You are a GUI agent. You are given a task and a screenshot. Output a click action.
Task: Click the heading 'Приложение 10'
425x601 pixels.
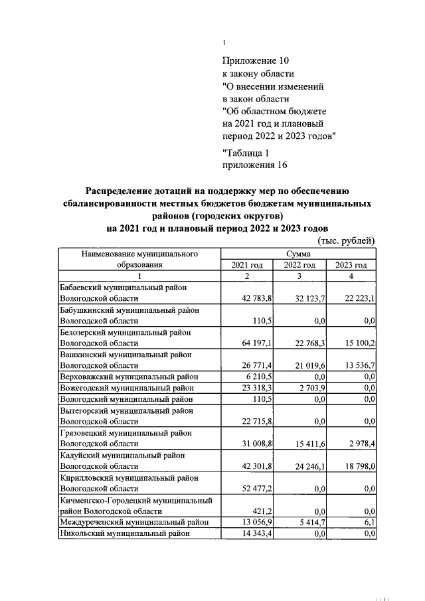pyautogui.click(x=256, y=61)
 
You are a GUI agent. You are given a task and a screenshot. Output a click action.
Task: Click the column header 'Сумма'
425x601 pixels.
pyautogui.click(x=298, y=254)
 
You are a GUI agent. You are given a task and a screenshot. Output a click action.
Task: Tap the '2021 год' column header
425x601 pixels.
pyautogui.click(x=246, y=265)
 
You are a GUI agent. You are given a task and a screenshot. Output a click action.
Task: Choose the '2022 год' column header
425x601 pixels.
pyautogui.click(x=299, y=265)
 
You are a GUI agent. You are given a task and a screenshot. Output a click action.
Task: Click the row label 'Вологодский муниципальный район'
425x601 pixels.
pyautogui.click(x=127, y=399)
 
